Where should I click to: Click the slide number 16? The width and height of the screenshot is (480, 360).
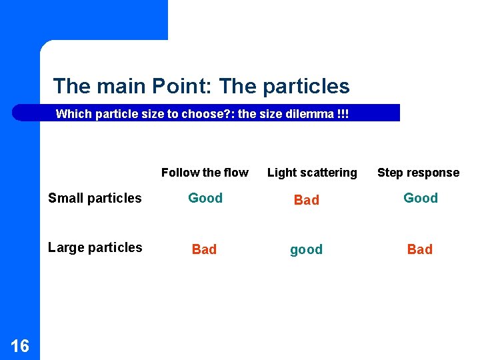tap(20, 345)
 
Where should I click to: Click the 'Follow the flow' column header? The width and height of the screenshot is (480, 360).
tap(205, 173)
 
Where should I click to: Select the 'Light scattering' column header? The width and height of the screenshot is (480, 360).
tap(312, 173)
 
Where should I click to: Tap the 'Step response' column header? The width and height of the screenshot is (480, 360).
tap(418, 173)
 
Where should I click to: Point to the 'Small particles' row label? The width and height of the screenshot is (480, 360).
tap(95, 198)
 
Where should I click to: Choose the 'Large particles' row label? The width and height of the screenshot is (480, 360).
tap(95, 247)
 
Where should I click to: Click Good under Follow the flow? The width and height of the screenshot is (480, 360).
tap(205, 198)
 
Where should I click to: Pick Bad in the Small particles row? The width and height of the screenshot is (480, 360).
tap(307, 200)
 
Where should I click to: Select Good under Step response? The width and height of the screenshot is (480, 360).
tap(421, 198)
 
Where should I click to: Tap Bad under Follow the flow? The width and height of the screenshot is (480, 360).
tap(204, 249)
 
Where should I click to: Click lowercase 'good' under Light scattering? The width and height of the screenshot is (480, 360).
tap(306, 250)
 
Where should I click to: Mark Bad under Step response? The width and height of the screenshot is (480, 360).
tap(420, 249)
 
